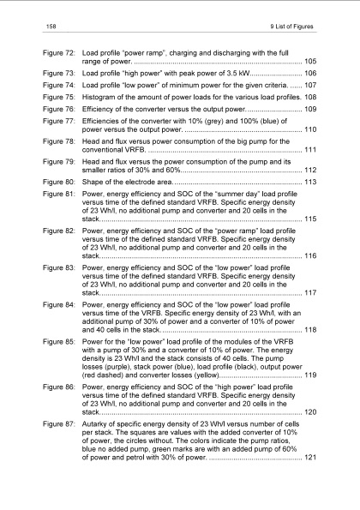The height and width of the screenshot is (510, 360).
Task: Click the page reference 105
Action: [310, 62]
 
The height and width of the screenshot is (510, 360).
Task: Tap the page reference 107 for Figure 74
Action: [310, 87]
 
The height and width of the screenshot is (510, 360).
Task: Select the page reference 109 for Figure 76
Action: [310, 110]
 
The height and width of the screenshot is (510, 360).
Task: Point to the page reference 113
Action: [310, 182]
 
